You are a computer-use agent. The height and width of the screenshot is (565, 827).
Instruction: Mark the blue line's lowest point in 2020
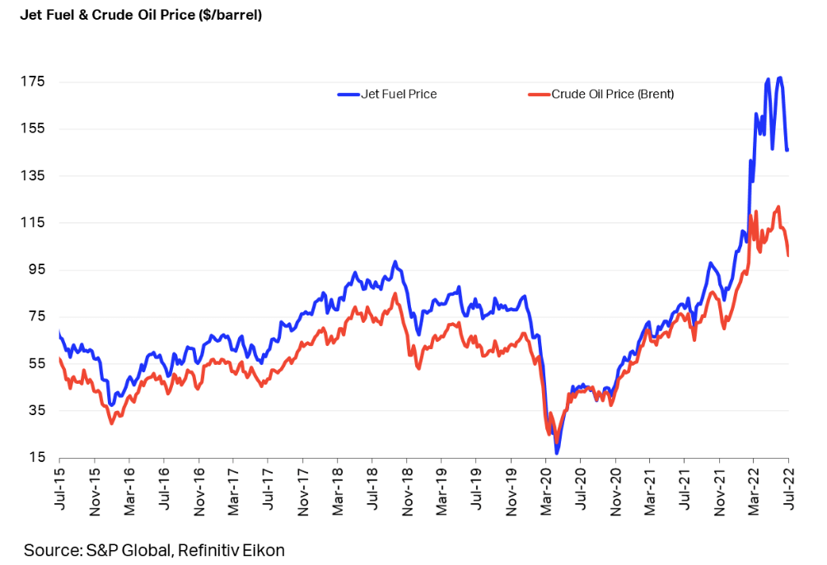(558, 452)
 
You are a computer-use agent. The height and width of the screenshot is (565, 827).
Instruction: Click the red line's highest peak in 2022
(778, 207)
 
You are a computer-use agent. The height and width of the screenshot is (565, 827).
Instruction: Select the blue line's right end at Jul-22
(787, 150)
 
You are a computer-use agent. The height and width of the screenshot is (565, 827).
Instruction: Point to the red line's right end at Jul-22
(788, 254)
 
